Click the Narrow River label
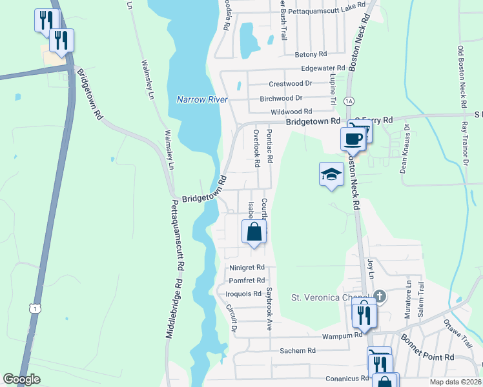click(202, 99)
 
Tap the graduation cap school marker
click(331, 174)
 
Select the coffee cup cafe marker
click(352, 138)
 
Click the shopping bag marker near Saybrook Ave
click(254, 232)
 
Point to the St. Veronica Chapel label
click(333, 297)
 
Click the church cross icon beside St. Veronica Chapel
click(380, 296)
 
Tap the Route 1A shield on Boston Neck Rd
click(349, 101)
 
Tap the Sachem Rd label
click(297, 350)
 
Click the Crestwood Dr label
click(290, 84)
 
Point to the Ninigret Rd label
click(247, 267)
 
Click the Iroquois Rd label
click(243, 293)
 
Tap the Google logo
click(22, 379)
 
